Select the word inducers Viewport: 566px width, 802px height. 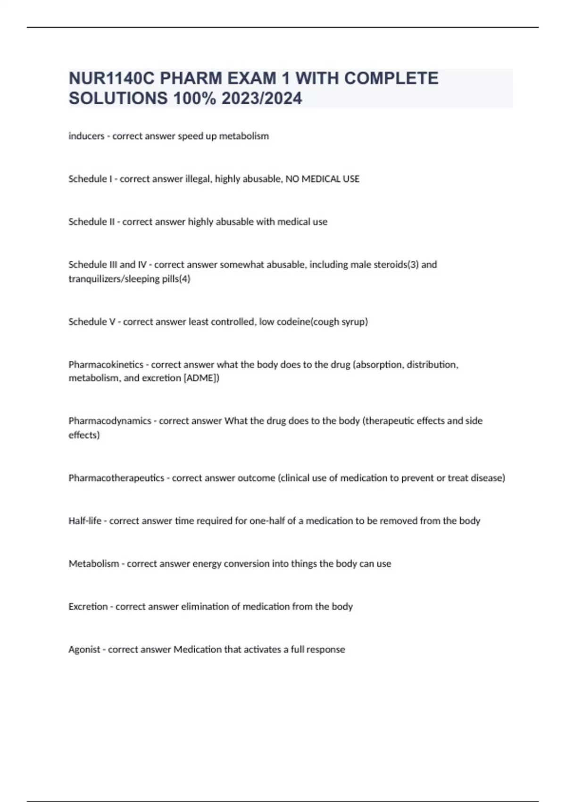(86, 136)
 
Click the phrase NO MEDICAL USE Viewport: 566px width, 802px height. (323, 179)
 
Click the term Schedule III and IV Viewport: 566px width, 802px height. (108, 265)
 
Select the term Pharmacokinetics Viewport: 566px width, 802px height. (106, 365)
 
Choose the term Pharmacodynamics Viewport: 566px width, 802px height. (109, 421)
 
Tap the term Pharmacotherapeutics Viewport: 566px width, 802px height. (116, 478)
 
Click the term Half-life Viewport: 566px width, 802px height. (85, 521)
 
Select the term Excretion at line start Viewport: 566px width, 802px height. (88, 606)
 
